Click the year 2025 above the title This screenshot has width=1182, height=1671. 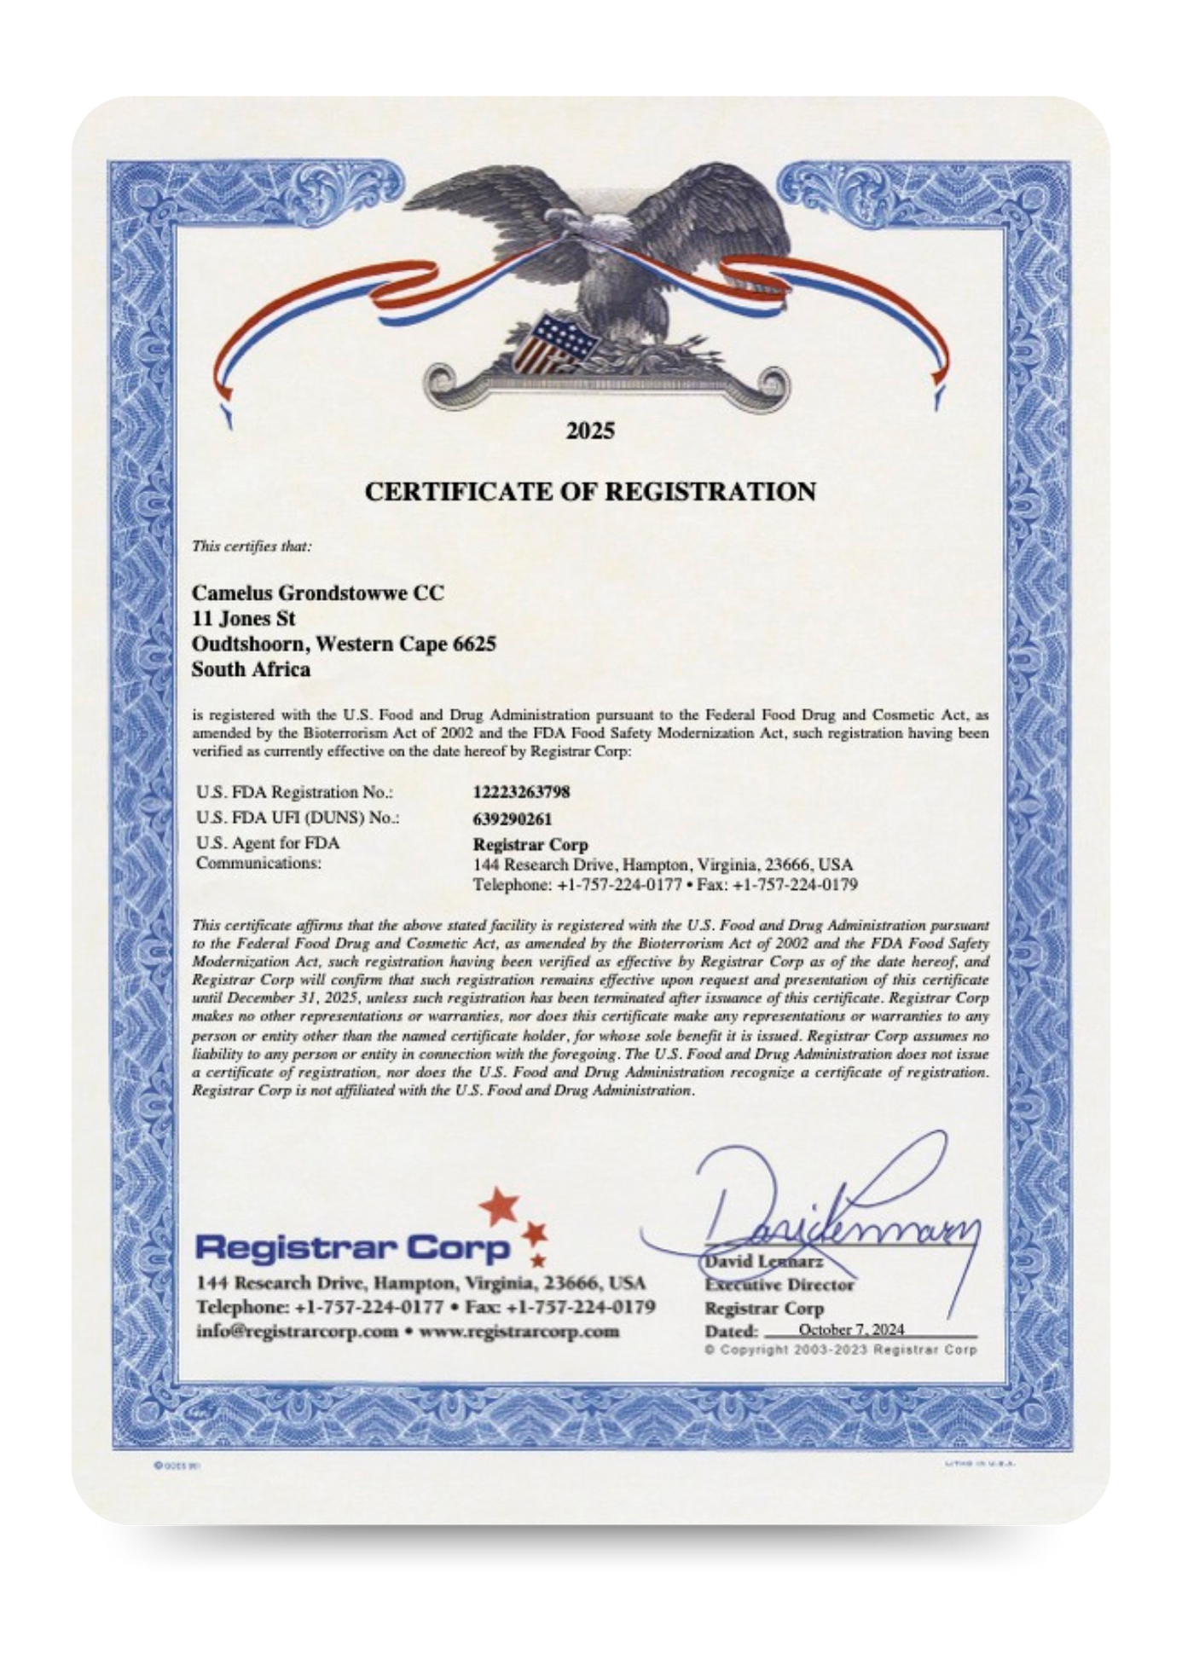[x=590, y=431]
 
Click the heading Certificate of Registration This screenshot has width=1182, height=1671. [x=590, y=491]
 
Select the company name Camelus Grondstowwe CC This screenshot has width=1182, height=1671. [x=317, y=593]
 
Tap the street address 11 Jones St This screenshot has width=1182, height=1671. [x=243, y=618]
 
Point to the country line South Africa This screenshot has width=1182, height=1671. [x=251, y=669]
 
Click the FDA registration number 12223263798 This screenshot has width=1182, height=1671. [x=521, y=792]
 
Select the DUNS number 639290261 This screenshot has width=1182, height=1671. [x=512, y=818]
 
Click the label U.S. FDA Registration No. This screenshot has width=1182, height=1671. [x=294, y=792]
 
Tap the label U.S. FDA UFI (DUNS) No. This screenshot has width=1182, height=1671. [x=298, y=818]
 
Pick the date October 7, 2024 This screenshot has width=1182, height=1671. [x=851, y=1329]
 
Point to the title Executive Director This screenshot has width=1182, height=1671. [x=779, y=1284]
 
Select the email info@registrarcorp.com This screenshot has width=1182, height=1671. [x=297, y=1331]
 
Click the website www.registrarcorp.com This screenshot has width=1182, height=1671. [x=519, y=1331]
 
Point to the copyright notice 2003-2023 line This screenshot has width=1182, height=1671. [x=840, y=1350]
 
